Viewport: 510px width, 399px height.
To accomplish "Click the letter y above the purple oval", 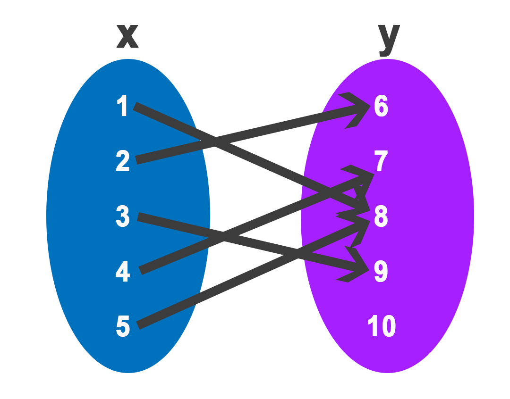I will coord(389,38).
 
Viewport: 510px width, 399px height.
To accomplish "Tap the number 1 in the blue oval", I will coord(123,106).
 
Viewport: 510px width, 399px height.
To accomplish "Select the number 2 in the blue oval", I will coord(123,161).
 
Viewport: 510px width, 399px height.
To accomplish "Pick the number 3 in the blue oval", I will coord(123,216).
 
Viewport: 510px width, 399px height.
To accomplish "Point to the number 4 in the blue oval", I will coord(123,271).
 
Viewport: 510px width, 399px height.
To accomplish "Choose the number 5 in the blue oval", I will coord(123,326).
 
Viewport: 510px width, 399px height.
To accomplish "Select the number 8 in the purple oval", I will coord(381,216).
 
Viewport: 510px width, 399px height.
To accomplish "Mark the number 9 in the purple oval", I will coord(381,272).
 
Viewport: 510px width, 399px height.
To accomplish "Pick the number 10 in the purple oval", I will coord(382,326).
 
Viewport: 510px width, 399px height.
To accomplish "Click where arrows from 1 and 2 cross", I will coord(215,141).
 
